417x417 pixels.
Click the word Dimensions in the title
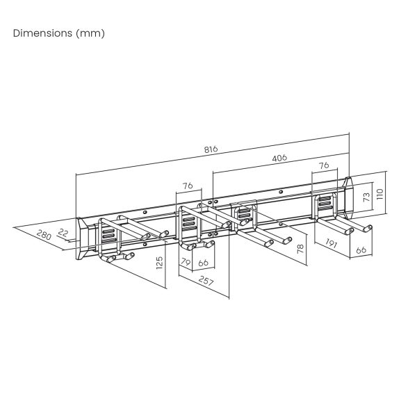(x=42, y=33)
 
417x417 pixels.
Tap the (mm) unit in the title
(x=90, y=33)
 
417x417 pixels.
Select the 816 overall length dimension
(x=211, y=149)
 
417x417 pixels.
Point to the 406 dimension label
(x=279, y=158)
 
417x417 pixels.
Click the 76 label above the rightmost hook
(x=324, y=165)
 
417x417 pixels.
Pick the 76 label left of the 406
(x=188, y=186)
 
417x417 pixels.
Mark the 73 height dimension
(x=366, y=197)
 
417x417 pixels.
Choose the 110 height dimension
(x=379, y=194)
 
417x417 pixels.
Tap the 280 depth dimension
(x=44, y=235)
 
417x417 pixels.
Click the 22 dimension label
(x=63, y=233)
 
